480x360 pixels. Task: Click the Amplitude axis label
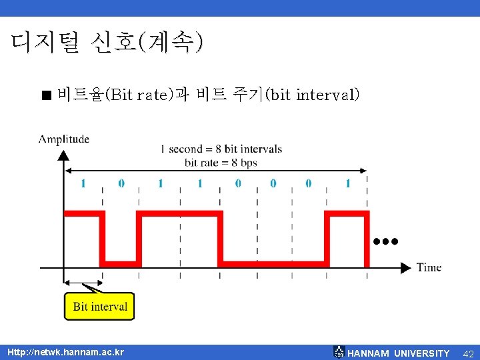[x=64, y=139]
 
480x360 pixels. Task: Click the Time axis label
[x=429, y=267]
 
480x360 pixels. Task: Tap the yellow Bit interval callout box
[x=99, y=307]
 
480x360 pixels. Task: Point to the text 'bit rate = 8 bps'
[x=221, y=163]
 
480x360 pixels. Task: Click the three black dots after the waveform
[x=386, y=241]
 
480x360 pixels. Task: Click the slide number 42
[x=468, y=353]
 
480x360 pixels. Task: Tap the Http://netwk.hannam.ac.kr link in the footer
[x=65, y=352]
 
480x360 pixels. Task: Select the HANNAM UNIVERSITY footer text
[x=398, y=353]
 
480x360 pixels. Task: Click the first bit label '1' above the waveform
[x=83, y=183]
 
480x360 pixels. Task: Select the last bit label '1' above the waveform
[x=347, y=183]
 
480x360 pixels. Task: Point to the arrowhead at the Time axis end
[x=405, y=267]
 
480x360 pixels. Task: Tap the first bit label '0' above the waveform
[x=121, y=183]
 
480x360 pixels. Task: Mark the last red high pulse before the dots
[x=346, y=213]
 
